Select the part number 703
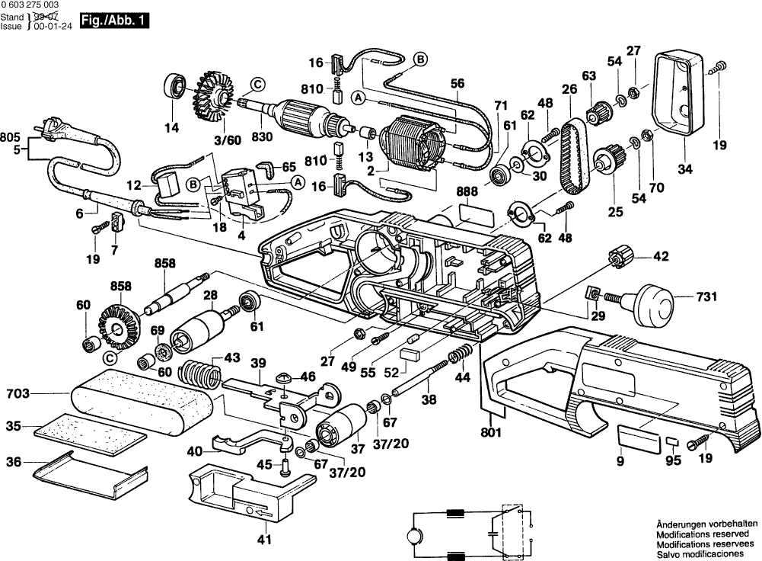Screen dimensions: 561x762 click(18, 394)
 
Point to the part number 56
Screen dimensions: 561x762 click(458, 85)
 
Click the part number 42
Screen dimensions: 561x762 click(662, 257)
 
